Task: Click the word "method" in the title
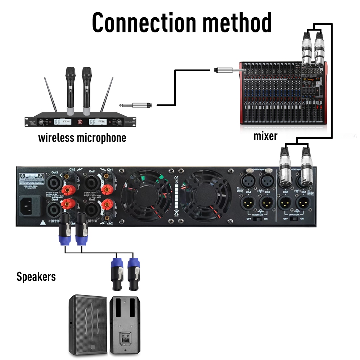click(x=236, y=22)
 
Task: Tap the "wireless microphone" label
click(x=82, y=138)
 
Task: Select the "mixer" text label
click(x=265, y=136)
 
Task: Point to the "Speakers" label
click(x=36, y=276)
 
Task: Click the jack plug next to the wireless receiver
click(x=140, y=105)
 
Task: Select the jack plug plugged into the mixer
click(x=225, y=69)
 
